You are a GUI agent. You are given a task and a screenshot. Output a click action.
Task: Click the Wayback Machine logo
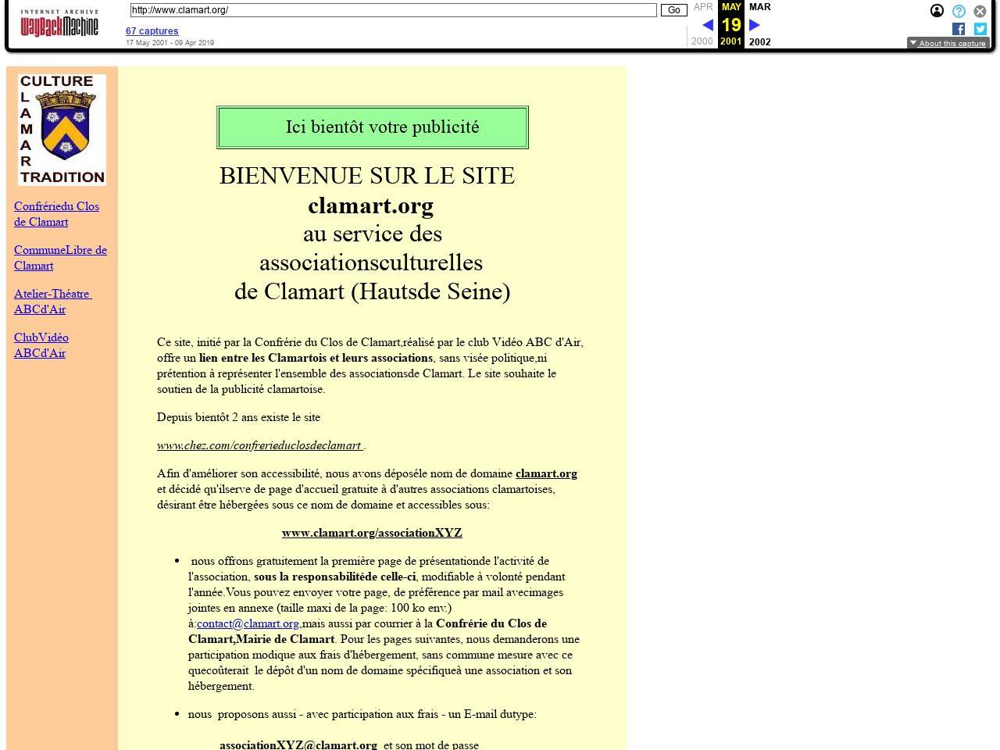[x=59, y=24]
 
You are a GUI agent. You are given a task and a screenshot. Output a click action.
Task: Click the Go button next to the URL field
[x=673, y=10]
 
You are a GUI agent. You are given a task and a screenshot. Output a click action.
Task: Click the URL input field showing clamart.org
[x=393, y=10]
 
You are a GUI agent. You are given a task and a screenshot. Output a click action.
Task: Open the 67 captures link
[x=152, y=31]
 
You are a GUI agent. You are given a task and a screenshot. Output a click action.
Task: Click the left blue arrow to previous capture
[x=708, y=25]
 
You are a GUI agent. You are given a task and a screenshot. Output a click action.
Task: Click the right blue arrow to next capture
[x=755, y=25]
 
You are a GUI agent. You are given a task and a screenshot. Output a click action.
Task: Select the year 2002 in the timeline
[x=759, y=41]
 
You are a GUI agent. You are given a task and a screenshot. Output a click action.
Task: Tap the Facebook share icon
[x=959, y=29]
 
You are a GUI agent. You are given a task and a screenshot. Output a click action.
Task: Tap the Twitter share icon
[x=980, y=29]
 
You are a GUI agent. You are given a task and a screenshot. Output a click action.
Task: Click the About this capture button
[x=948, y=43]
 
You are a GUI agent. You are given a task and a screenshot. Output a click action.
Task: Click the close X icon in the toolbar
[x=980, y=11]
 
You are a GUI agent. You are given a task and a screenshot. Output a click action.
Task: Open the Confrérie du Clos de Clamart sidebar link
[x=56, y=214]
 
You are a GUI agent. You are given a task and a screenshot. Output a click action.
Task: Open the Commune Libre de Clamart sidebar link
[x=60, y=258]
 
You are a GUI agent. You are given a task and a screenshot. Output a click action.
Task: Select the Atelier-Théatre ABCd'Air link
[x=52, y=302]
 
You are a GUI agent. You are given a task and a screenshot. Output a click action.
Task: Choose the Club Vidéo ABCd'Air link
[x=41, y=345]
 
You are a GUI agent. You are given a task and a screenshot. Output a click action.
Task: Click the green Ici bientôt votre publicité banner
[x=373, y=127]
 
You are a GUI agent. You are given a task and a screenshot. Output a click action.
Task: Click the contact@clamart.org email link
[x=248, y=623]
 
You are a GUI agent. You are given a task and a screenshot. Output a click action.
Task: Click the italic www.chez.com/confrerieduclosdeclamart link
[x=260, y=445]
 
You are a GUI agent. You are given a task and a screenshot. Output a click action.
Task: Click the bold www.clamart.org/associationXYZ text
[x=372, y=533]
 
